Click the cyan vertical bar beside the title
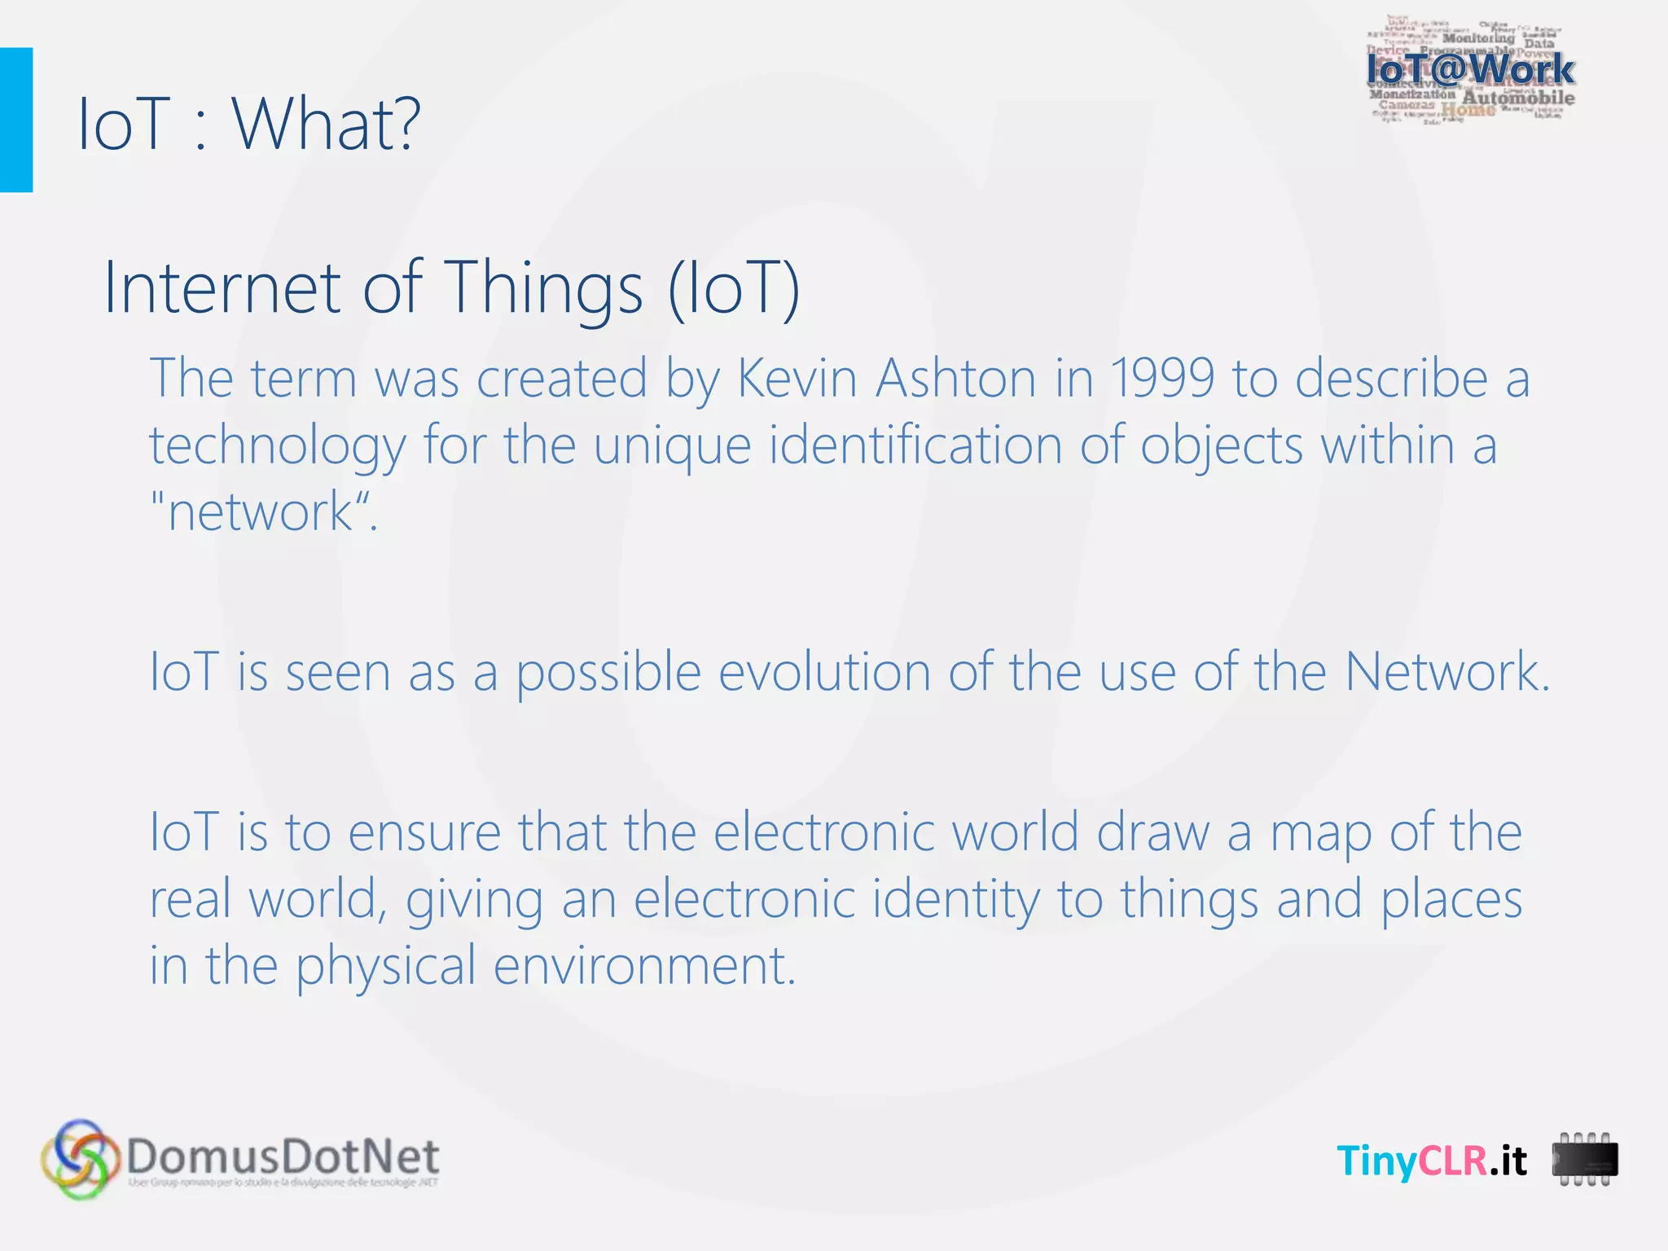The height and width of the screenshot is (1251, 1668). [x=16, y=120]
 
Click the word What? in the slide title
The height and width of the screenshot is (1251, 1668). [x=327, y=124]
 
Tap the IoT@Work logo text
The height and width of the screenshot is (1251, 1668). [x=1470, y=69]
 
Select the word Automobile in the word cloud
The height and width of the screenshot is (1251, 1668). [x=1518, y=99]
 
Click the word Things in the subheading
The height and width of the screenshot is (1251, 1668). [x=546, y=288]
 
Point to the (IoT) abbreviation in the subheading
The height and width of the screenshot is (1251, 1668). [x=734, y=288]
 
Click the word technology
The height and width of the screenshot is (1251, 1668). [x=277, y=447]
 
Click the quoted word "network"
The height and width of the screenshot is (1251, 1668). [x=261, y=512]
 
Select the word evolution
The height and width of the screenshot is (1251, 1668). [x=823, y=673]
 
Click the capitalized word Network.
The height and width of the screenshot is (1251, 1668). [x=1446, y=673]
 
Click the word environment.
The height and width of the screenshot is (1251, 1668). [x=643, y=966]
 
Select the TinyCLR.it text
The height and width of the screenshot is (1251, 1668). [x=1432, y=1160]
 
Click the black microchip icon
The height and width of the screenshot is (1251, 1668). [x=1584, y=1160]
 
